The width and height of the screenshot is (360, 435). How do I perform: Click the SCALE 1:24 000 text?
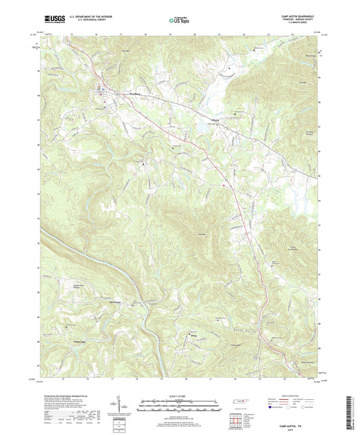tap(180, 396)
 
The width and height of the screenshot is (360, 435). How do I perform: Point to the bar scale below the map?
tap(180, 407)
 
